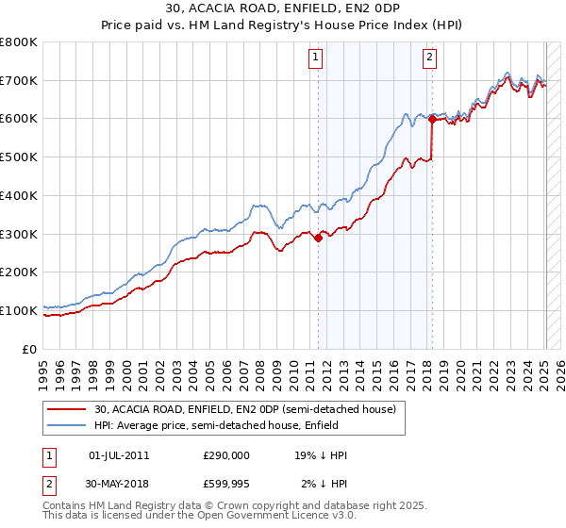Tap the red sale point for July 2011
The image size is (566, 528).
318,238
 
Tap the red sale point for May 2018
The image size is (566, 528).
432,119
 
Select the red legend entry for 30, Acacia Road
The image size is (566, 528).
250,408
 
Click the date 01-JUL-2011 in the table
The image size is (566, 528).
118,455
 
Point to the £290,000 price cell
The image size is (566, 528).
226,455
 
